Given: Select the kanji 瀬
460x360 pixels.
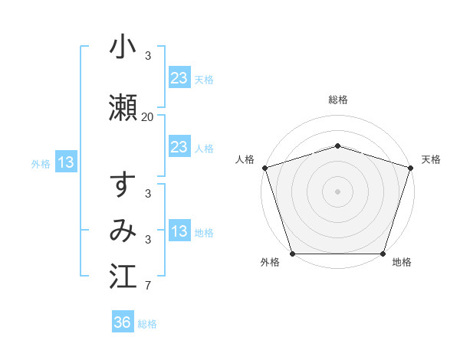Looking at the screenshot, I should [x=123, y=108].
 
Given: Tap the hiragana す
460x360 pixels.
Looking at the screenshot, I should [x=123, y=186].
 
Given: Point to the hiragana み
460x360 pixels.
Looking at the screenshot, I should [x=123, y=231].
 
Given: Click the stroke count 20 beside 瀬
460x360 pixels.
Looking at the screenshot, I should [x=147, y=117].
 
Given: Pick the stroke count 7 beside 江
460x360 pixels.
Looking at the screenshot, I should [x=147, y=286].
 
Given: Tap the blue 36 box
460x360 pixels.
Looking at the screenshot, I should [x=123, y=322].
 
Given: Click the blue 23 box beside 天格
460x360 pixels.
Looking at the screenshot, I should [x=179, y=78].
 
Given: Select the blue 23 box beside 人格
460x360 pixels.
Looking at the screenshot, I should [x=179, y=147].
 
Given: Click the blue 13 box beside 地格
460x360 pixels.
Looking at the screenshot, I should [x=179, y=231].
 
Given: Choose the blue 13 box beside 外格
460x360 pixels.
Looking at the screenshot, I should [x=66, y=162].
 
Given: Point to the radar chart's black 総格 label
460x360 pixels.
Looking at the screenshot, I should [x=337, y=100].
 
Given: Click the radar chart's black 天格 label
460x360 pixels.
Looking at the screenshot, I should [x=432, y=159].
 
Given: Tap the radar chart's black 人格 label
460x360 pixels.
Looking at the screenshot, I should [x=245, y=159].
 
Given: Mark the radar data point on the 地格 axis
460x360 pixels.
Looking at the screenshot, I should [x=383, y=254].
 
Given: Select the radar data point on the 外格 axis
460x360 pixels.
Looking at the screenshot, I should [x=292, y=254].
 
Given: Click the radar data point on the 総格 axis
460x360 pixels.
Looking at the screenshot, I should [x=337, y=146].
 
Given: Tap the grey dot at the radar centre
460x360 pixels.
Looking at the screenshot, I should [x=337, y=191].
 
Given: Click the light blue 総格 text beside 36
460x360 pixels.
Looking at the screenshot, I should [x=147, y=324].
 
